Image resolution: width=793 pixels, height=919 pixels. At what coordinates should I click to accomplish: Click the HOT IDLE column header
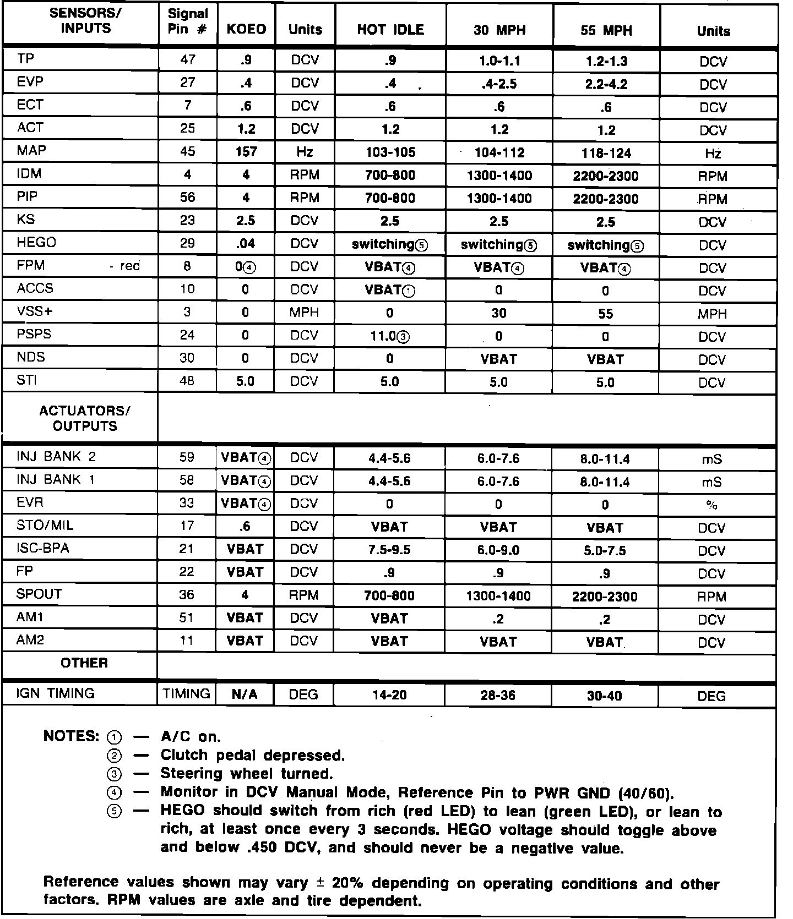click(x=390, y=30)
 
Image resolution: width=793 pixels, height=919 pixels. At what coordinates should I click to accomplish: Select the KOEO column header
click(x=246, y=30)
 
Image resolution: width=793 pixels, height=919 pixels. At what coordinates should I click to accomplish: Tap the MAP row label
click(x=31, y=150)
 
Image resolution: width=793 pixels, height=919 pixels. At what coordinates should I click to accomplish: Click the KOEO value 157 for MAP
click(x=246, y=152)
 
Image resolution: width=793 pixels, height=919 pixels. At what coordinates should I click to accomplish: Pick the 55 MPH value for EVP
click(x=605, y=84)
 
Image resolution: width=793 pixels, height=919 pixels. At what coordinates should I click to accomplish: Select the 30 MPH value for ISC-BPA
click(x=498, y=550)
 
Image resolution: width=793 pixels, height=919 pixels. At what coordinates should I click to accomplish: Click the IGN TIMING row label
click(x=56, y=693)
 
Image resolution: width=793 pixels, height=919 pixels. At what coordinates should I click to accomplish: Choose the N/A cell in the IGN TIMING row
click(x=245, y=695)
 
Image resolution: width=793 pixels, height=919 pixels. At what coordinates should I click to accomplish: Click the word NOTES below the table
click(x=71, y=736)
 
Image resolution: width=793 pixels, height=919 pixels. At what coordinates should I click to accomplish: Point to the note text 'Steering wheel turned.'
click(x=247, y=774)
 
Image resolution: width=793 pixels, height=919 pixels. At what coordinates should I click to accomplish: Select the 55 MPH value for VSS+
click(x=605, y=314)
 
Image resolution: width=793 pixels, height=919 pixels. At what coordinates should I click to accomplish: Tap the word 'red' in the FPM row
click(x=130, y=266)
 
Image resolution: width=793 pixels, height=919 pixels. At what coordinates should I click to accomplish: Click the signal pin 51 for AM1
click(x=187, y=617)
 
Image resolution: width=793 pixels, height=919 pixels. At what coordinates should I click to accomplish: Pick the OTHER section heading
click(x=84, y=663)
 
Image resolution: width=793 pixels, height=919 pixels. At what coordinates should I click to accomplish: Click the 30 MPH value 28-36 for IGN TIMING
click(x=498, y=696)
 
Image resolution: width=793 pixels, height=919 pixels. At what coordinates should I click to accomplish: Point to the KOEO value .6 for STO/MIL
click(x=245, y=527)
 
